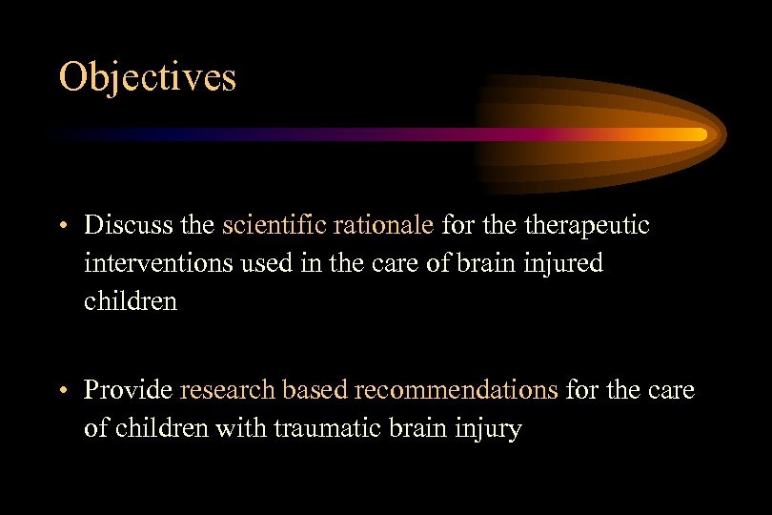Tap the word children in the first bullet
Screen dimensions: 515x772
131,301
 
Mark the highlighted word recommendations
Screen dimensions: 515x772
456,390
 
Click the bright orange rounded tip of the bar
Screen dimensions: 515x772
700,134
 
